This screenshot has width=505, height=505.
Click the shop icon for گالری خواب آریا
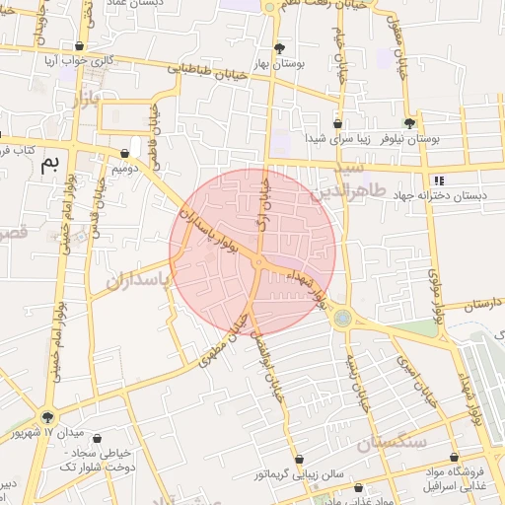click(79, 45)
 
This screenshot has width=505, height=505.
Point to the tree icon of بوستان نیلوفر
click(409, 123)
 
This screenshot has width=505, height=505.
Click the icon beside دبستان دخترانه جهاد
click(439, 180)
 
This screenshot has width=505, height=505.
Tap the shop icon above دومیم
click(124, 153)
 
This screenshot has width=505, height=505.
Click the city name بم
click(49, 165)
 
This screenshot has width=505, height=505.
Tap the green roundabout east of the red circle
click(342, 318)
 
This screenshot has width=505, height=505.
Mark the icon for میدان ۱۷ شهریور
click(47, 417)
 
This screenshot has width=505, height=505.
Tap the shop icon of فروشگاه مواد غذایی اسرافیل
click(453, 458)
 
